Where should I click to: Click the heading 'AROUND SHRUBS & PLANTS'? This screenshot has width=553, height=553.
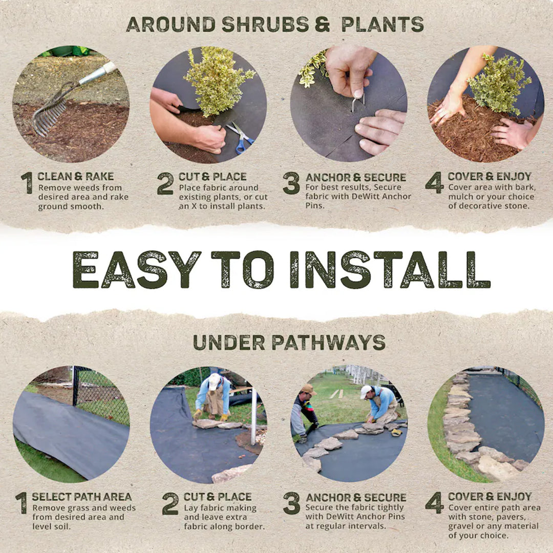point(275,24)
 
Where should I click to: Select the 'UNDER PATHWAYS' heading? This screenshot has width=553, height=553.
point(289,342)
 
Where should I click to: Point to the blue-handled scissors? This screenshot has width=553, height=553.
point(241,139)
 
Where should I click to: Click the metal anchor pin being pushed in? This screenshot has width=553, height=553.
point(357,102)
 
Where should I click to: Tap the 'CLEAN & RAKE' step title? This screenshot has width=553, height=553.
point(75,177)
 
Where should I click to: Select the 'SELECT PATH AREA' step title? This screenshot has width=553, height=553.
point(81,497)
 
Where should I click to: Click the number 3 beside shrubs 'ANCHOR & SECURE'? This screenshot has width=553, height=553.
point(291,183)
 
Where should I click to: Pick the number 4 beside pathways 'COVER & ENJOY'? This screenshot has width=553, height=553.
point(434,503)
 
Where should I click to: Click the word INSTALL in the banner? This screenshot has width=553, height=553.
point(389,269)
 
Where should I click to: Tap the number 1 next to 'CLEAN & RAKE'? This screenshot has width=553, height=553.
point(27,183)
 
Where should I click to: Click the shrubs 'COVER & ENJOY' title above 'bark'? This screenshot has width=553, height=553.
point(490,177)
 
